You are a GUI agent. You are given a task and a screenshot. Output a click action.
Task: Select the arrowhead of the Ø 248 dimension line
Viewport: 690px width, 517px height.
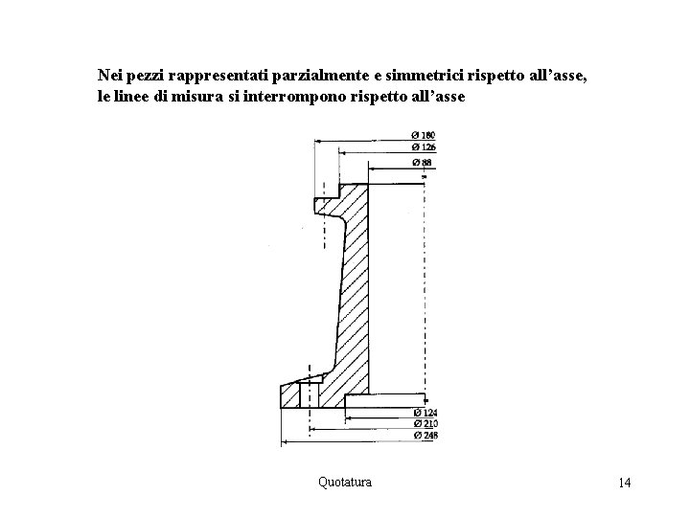[283, 443]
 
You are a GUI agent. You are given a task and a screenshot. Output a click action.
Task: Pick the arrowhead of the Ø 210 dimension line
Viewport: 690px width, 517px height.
[311, 431]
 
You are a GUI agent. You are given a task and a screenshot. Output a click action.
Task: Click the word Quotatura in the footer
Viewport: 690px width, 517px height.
[345, 482]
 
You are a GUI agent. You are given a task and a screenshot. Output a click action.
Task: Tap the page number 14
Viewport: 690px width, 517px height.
[625, 483]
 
